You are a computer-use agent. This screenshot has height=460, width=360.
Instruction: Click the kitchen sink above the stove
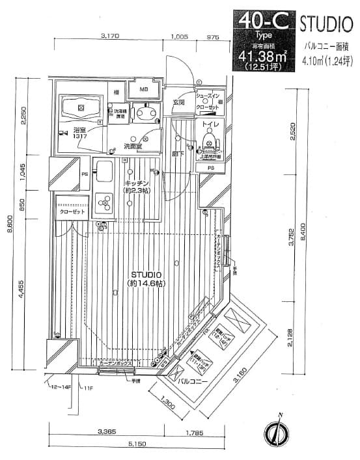coord(104,173)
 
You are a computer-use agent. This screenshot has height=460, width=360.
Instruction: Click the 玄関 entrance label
coord(179,102)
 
